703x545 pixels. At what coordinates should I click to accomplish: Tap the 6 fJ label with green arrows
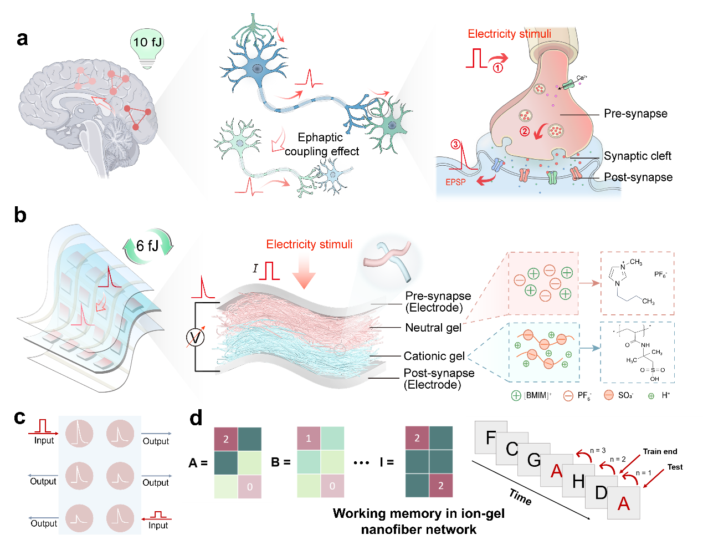pos(147,246)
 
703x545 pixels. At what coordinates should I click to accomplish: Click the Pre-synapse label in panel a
pos(635,114)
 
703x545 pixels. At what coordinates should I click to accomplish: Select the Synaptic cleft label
pos(637,156)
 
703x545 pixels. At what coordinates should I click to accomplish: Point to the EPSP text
pos(455,182)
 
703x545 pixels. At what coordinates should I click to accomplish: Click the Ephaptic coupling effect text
pos(321,145)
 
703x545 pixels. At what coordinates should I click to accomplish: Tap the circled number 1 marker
pos(498,68)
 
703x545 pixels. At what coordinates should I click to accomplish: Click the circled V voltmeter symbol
pos(196,337)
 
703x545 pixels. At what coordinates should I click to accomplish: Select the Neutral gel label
pos(433,328)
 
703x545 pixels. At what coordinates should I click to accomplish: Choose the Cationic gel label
pos(434,356)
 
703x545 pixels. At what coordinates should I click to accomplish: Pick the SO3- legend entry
pos(618,395)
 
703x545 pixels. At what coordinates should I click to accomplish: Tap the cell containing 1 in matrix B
pos(309,439)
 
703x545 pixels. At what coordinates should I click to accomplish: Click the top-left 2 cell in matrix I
pos(417,438)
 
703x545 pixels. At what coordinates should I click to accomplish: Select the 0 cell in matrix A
pos(249,486)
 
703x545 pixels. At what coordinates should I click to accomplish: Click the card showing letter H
pos(577,481)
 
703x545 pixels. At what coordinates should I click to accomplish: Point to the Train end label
pos(660,451)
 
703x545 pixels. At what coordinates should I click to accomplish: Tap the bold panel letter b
pos(20,215)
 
